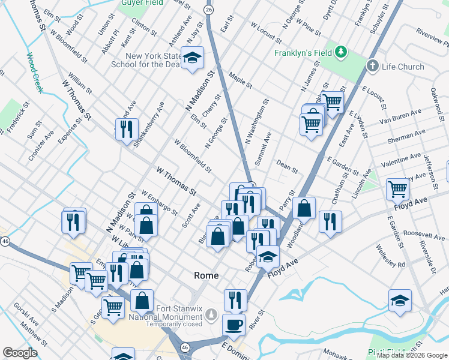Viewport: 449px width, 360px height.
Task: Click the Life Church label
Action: tap(403, 67)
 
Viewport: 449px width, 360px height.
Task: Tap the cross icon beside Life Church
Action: tap(373, 65)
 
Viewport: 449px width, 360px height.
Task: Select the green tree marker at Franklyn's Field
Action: tap(341, 52)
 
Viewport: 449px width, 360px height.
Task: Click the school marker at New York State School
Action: tap(193, 58)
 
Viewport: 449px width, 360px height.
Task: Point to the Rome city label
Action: tap(205, 275)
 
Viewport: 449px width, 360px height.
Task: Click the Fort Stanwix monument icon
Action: tap(211, 314)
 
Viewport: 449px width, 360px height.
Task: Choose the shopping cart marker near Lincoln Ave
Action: tap(397, 189)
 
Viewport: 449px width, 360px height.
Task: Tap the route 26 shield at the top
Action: tap(208, 10)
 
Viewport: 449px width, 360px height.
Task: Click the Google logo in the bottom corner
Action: tap(20, 353)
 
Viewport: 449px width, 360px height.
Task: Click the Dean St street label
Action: tap(287, 166)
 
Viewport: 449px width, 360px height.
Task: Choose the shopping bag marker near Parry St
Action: tap(305, 209)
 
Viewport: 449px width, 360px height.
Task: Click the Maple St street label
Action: tap(240, 80)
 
